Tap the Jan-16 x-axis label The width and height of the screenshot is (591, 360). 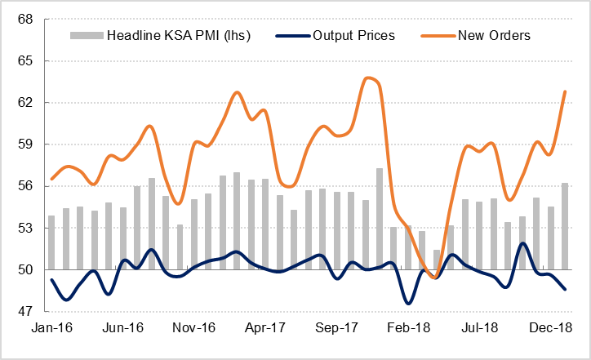(52, 327)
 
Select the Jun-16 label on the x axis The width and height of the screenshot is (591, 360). (123, 327)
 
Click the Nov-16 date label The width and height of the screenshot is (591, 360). (194, 327)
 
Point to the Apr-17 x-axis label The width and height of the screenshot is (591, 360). (265, 327)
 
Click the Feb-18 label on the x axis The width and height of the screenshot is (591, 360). (407, 327)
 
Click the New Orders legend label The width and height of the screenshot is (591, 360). (494, 35)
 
